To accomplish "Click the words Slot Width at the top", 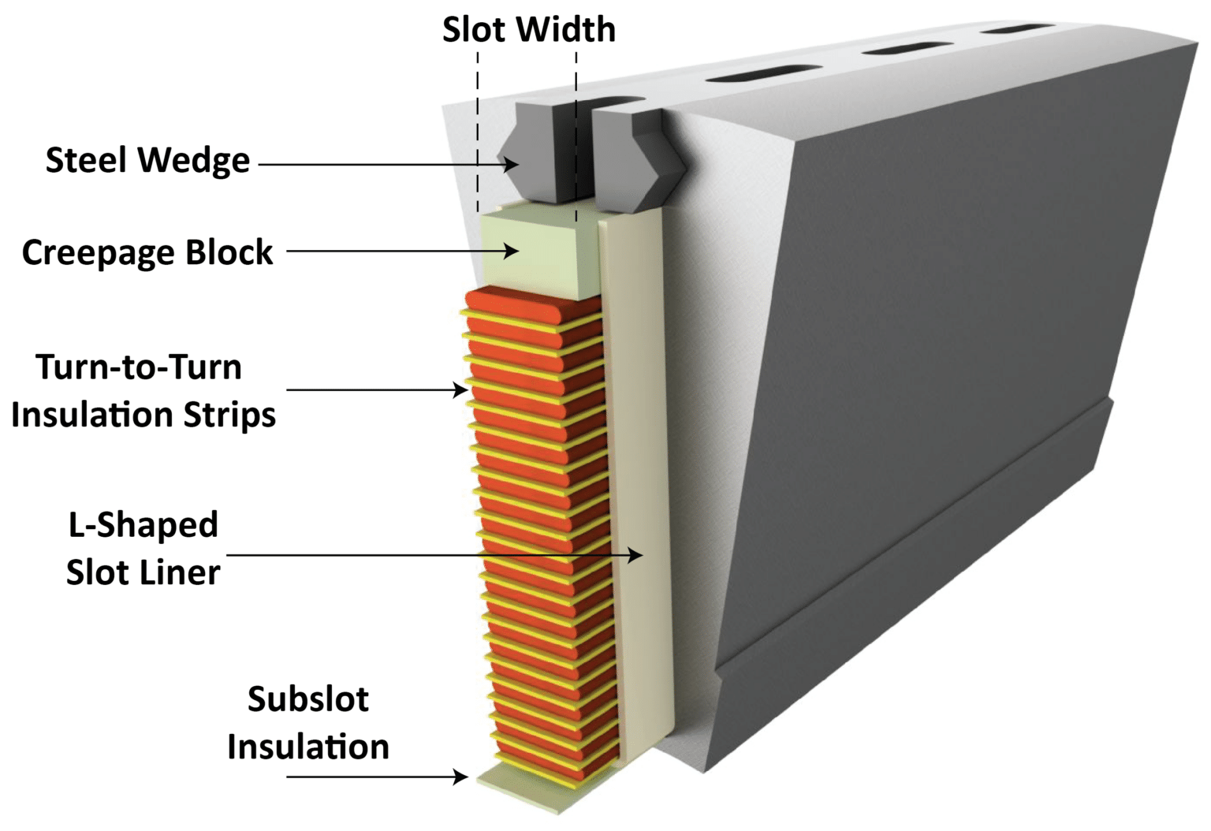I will pyautogui.click(x=528, y=30).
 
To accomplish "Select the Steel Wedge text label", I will pyautogui.click(x=147, y=161).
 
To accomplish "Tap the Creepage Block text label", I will pyautogui.click(x=147, y=253).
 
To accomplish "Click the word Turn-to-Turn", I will pyautogui.click(x=139, y=368).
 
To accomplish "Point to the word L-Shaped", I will pyautogui.click(x=143, y=525).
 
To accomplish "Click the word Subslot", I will pyautogui.click(x=307, y=699).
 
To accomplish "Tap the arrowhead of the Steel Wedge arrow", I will pyautogui.click(x=512, y=165).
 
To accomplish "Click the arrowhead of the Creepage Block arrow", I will pyautogui.click(x=512, y=252).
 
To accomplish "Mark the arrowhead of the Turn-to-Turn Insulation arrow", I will pyautogui.click(x=461, y=389).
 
